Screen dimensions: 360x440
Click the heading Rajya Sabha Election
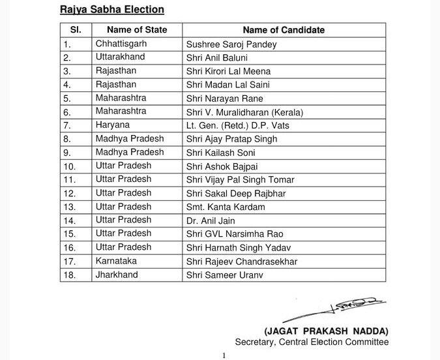112,10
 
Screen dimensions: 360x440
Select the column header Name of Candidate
284,30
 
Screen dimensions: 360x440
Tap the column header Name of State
137,30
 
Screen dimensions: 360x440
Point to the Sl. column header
74,30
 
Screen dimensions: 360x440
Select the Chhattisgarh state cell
121,44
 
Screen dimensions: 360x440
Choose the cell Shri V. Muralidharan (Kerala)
245,112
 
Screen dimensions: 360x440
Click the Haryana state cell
113,125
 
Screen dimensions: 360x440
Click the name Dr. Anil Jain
208,220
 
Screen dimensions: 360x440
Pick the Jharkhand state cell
117,275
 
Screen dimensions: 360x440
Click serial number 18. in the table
70,275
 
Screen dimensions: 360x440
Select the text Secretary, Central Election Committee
312,342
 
